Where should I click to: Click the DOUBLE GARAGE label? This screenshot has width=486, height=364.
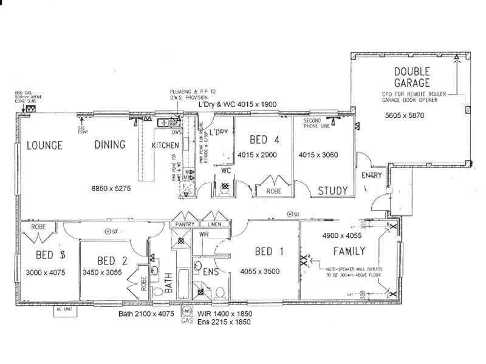(x=412, y=76)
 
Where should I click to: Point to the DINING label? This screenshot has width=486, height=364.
(x=110, y=145)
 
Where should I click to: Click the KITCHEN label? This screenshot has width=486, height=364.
(x=165, y=146)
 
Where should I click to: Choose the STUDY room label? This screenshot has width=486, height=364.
(x=334, y=191)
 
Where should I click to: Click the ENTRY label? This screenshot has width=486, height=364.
(x=371, y=175)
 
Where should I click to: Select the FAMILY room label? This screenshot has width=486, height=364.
(x=349, y=251)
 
